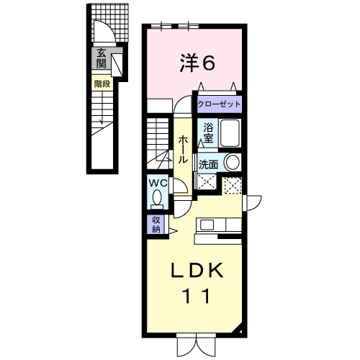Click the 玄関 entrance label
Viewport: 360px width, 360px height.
point(102,58)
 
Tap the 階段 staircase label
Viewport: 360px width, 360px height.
point(102,84)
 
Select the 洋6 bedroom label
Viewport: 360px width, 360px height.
point(197,63)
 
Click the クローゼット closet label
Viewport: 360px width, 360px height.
point(219,104)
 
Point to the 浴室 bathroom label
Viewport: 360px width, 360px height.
point(208,132)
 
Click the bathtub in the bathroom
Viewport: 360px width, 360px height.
point(230,133)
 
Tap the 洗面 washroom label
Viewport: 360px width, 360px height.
point(208,165)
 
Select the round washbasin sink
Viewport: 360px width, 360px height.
point(233,162)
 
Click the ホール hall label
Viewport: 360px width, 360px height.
point(183,149)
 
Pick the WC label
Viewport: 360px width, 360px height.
point(158,184)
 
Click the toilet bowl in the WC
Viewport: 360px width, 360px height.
point(157,197)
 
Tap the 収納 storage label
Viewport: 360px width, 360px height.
point(156,224)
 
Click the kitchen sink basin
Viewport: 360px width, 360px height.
point(207,225)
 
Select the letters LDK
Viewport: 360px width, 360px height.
point(197,271)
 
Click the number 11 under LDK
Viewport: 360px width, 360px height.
point(197,296)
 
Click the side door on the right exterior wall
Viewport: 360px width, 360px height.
point(252,203)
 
